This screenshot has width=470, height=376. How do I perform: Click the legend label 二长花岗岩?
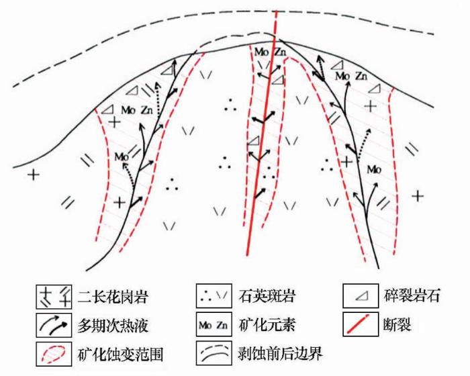pos(113,297)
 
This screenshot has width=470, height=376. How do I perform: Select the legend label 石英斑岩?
pos(267,296)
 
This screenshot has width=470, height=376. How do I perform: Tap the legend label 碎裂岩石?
pos(412,295)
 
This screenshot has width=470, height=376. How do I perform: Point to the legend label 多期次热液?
pos(113,326)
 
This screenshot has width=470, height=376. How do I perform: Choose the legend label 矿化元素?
pos(267,325)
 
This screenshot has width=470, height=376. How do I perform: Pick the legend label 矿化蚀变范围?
pos(120,355)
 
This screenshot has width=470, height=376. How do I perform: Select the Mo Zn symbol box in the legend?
pos(214,324)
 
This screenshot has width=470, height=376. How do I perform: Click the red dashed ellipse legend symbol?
pos(53,354)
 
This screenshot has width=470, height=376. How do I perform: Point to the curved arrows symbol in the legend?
pos(53,326)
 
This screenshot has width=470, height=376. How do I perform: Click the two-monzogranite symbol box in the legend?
pos(54,297)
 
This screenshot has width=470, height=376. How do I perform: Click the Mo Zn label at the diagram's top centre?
pos(271,52)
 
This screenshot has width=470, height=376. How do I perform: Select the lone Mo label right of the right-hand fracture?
pos(374,170)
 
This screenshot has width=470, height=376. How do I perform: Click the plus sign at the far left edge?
pos(34,174)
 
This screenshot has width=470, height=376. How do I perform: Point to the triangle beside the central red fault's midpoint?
pos(254,140)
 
